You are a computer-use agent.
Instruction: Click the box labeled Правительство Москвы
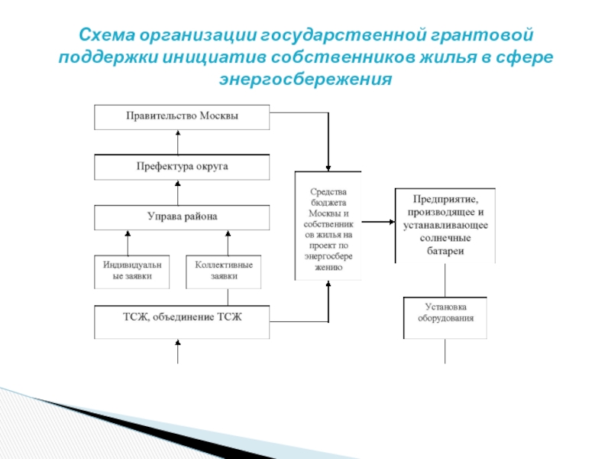click(182, 116)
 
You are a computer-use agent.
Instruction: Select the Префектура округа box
click(182, 166)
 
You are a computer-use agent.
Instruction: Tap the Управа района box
click(182, 217)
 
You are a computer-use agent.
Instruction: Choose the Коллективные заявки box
click(223, 271)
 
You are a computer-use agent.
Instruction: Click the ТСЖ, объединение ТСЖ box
click(182, 321)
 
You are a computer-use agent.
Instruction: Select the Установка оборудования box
click(445, 317)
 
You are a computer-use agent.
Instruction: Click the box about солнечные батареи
click(445, 225)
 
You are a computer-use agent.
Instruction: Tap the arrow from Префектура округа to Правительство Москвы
click(178, 142)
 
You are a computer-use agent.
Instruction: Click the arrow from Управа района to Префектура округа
click(178, 192)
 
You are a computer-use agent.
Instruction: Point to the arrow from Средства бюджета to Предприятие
click(378, 223)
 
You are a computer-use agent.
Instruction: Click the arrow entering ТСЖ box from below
click(178, 351)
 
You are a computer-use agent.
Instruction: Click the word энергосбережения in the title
click(305, 79)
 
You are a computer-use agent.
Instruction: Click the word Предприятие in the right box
click(445, 197)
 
